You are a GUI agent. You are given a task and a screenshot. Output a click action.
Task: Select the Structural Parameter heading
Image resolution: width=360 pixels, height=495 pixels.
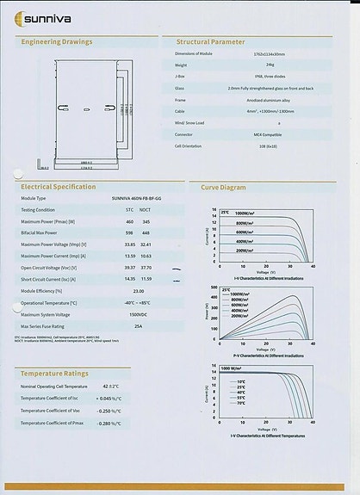[210, 41]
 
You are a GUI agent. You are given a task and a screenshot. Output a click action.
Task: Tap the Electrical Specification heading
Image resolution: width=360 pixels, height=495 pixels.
[58, 186]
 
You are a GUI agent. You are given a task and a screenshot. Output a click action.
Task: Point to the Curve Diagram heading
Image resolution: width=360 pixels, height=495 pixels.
[223, 186]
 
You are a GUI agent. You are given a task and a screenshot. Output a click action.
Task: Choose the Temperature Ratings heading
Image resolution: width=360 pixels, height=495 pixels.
[54, 374]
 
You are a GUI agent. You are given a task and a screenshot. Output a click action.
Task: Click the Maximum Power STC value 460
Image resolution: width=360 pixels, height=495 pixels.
[130, 221]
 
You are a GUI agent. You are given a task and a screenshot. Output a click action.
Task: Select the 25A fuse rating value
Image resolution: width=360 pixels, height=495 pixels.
[138, 326]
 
